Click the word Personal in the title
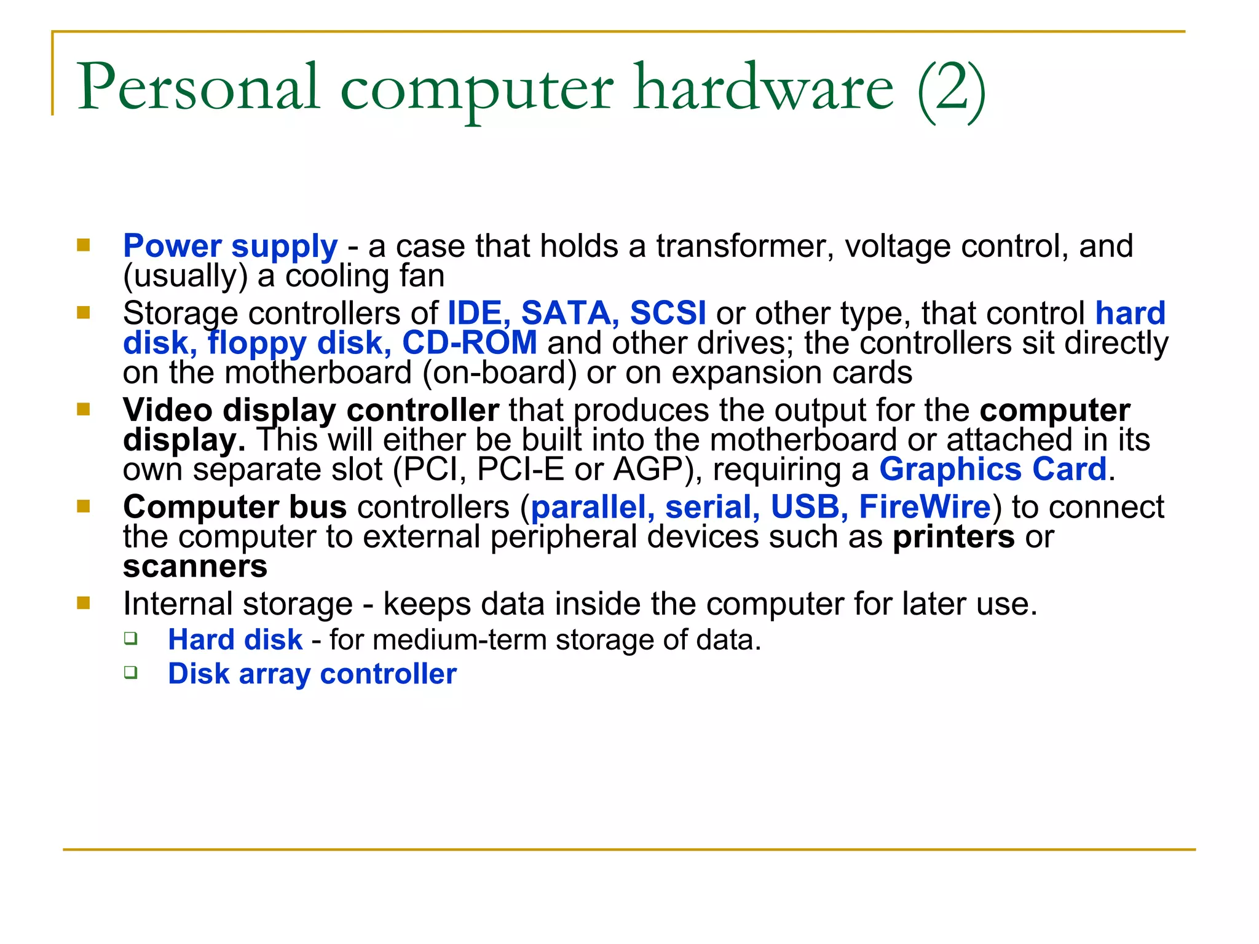click(198, 87)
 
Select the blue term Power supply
click(230, 246)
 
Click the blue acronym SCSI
click(668, 313)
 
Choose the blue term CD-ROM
click(469, 343)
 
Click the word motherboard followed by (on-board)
click(318, 373)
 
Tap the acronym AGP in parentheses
click(648, 470)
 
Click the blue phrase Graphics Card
click(992, 470)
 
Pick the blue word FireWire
click(925, 508)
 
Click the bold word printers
click(953, 537)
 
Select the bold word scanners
click(195, 567)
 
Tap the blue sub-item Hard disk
click(235, 640)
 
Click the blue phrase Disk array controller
click(312, 674)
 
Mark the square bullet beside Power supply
click(84, 246)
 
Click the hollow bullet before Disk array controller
click(130, 672)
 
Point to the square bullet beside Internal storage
click(84, 603)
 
